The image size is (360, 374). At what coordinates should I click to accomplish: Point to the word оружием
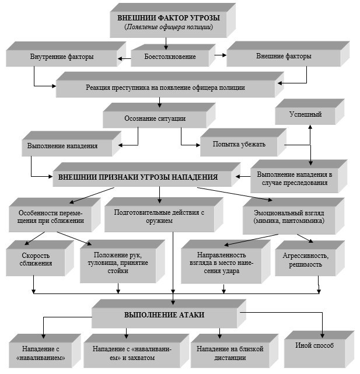pyautogui.click(x=159, y=221)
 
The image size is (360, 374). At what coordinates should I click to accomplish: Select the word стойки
pyautogui.click(x=118, y=271)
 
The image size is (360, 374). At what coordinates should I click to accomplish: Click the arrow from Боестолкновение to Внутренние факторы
pyautogui.click(x=124, y=58)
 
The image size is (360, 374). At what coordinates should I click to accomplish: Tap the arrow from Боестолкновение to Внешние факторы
pyautogui.click(x=220, y=55)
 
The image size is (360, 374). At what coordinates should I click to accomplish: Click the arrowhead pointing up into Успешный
pyautogui.click(x=310, y=127)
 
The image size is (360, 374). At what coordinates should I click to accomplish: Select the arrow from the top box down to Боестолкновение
pyautogui.click(x=166, y=44)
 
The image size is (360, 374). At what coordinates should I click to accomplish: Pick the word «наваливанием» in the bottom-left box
pyautogui.click(x=41, y=358)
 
